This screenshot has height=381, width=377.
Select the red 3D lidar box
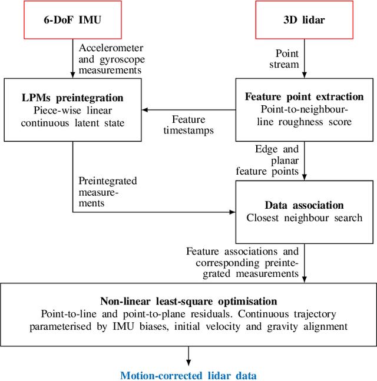305,19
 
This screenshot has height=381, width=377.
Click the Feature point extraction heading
305,96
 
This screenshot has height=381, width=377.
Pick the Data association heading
305,205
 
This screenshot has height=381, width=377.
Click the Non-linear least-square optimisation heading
188,300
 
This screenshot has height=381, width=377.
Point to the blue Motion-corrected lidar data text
188,375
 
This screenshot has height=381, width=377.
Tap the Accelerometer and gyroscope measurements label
111,58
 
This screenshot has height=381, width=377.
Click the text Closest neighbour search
305,218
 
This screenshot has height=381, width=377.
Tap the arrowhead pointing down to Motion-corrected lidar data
188,359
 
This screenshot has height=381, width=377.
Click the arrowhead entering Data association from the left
232,212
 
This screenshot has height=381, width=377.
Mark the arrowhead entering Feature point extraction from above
305,76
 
